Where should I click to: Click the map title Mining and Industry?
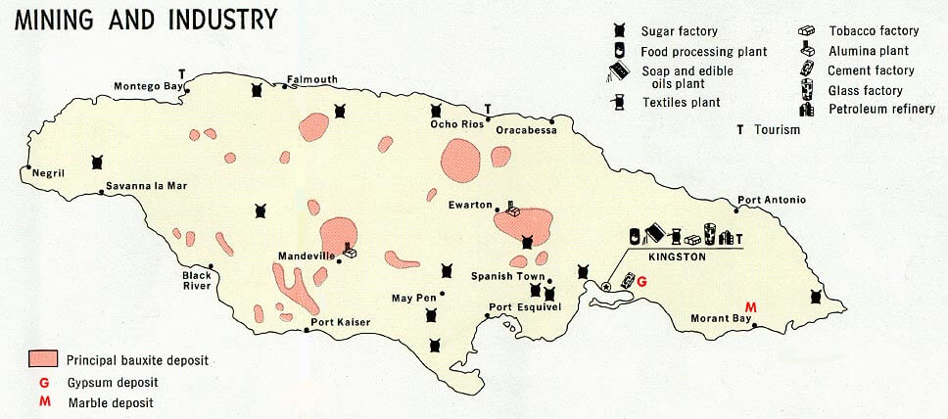coord(144,18)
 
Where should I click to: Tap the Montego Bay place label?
coord(148,85)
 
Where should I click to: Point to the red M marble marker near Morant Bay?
coord(751,307)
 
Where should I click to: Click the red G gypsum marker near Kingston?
coord(641,282)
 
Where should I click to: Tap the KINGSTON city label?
coord(677,256)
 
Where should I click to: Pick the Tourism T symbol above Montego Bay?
coord(181,73)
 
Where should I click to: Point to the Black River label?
coord(197,280)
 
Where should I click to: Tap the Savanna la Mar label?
coord(147,185)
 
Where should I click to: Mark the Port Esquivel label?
coord(524,306)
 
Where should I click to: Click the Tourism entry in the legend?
coord(777,129)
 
